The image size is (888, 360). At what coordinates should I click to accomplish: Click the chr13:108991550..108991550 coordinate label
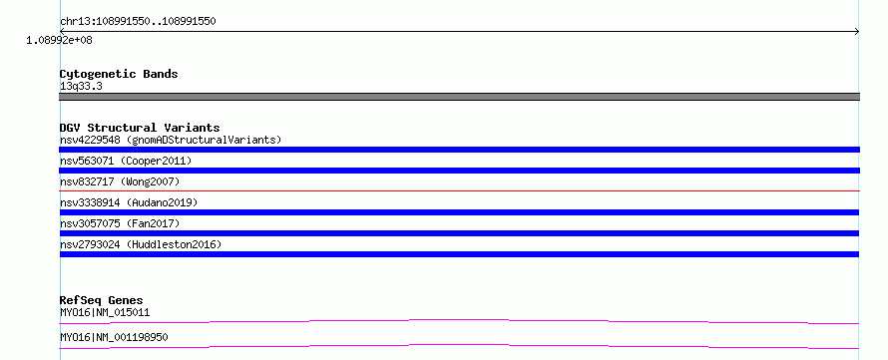138,22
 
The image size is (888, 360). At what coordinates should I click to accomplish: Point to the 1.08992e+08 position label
60,40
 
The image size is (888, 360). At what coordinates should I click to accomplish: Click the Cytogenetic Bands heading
119,74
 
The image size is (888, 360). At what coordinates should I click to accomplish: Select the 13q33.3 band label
81,87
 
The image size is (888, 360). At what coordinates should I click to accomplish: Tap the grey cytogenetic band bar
459,97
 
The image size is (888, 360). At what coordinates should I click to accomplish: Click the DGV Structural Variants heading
140,128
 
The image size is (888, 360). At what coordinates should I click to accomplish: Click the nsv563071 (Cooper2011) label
126,161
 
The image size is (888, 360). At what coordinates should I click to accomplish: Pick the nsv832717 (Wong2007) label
120,181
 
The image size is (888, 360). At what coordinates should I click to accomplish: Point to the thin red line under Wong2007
459,190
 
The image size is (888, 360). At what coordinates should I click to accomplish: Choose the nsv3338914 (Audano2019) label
129,202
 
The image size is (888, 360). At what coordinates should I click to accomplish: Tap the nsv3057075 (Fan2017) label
120,223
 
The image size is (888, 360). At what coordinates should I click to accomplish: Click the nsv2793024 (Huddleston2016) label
141,244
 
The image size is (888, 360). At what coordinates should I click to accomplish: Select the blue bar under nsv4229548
459,150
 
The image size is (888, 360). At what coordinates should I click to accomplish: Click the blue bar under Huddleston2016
459,254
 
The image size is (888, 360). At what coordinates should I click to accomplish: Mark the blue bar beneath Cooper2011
459,171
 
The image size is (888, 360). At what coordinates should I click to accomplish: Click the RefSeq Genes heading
102,300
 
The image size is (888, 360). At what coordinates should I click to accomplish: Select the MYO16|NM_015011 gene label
105,312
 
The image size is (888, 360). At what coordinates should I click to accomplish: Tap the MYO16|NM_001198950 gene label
114,337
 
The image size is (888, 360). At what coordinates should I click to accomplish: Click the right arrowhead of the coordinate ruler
857,32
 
